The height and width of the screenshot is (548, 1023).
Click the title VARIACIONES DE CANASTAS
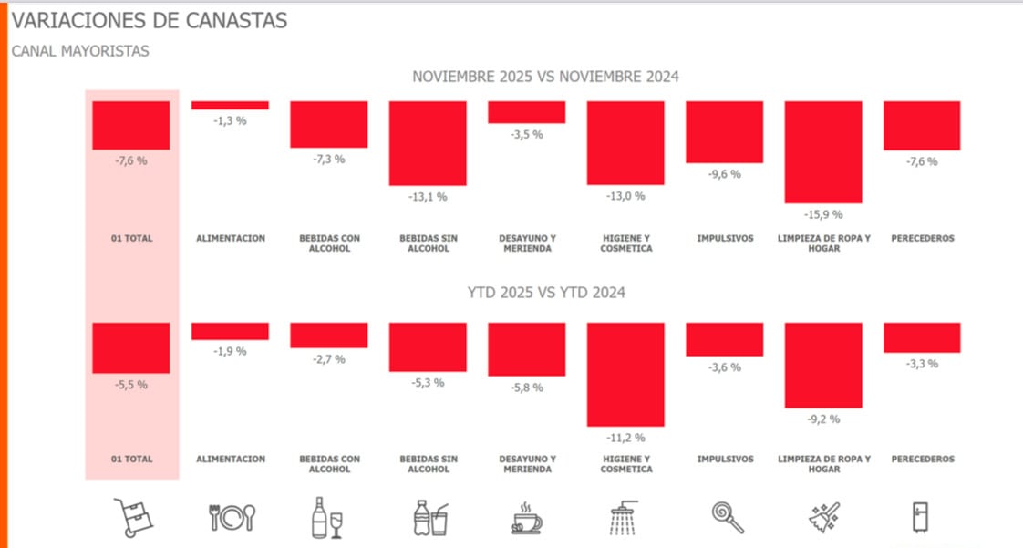[149, 20]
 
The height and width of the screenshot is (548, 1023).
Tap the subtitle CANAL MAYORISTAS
[80, 51]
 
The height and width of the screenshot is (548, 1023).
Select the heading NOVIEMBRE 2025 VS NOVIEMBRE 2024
[545, 77]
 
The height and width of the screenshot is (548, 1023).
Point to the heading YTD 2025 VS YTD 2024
[545, 293]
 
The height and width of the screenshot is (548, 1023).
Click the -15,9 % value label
[823, 215]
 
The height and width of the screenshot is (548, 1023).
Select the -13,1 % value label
[428, 196]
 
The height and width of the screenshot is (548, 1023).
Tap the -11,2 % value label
[625, 438]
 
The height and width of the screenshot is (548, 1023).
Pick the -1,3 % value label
[230, 120]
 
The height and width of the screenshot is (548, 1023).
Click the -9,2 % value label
[823, 419]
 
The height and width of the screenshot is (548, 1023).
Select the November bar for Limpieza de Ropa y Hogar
[823, 151]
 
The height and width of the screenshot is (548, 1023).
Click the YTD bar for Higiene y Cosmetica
[625, 374]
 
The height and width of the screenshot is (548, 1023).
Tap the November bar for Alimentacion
[230, 105]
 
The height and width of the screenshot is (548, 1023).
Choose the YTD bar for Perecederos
[922, 337]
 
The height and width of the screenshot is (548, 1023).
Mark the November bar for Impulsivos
[724, 131]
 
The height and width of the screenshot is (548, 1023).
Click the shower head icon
[625, 517]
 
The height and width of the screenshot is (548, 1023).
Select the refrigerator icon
[921, 517]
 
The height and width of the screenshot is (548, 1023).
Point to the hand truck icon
[132, 517]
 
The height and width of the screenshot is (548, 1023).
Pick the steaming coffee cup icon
[526, 518]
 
